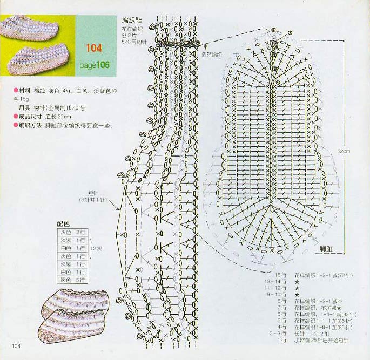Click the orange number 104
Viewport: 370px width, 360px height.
click(93, 49)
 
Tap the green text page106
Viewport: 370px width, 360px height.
click(94, 65)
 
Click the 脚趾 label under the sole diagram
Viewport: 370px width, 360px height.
click(326, 249)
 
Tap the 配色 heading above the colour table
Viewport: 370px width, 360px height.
click(64, 223)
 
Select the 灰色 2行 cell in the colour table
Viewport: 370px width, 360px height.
click(72, 232)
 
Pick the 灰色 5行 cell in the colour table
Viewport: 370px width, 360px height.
click(72, 280)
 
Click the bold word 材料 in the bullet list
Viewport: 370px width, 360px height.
click(25, 90)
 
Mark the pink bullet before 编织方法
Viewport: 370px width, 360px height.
click(16, 125)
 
